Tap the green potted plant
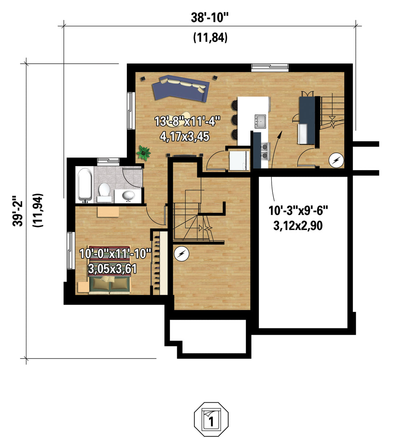point(143,152)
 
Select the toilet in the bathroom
point(104,192)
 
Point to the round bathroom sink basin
point(128,195)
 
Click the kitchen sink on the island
point(260,121)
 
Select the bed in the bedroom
point(110,269)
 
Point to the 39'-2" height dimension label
point(18,211)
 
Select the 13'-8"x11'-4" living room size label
point(187,121)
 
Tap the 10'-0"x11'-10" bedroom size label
point(115,253)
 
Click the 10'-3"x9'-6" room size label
point(298,210)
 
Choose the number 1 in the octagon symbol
point(211,422)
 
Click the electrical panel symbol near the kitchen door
point(336,160)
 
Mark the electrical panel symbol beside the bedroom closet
point(182,254)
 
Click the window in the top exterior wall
point(270,68)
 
